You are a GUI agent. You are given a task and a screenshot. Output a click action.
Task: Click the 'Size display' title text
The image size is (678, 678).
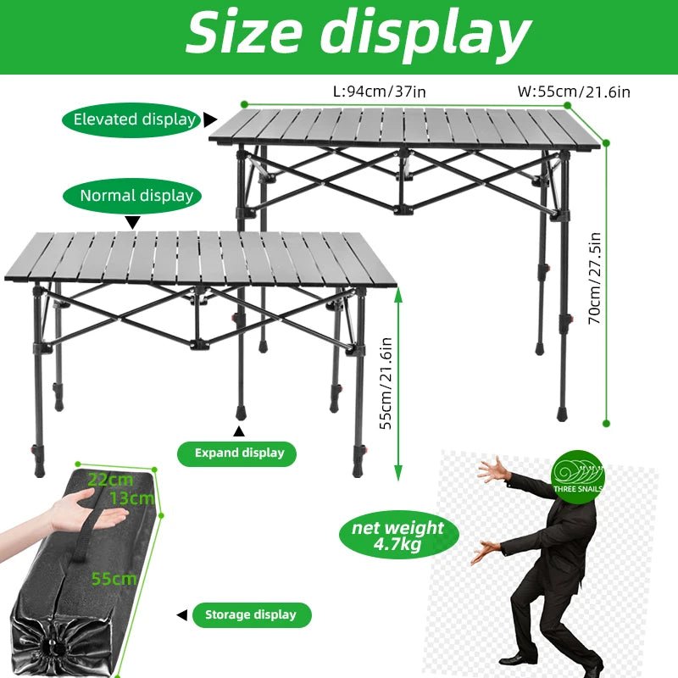coord(358,34)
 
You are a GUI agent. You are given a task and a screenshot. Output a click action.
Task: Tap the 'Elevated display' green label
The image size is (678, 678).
coord(131,119)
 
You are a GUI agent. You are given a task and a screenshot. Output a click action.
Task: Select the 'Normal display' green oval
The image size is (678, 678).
coord(132,196)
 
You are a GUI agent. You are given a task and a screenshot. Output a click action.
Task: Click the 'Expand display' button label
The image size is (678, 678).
coord(237,453)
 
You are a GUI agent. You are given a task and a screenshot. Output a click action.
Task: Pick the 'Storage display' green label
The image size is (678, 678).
coord(252,615)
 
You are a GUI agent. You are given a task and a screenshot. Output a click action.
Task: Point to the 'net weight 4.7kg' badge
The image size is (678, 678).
coord(398,535)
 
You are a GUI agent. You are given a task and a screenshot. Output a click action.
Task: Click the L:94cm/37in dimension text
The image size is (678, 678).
coord(379,92)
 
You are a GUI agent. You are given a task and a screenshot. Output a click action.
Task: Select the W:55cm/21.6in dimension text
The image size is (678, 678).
coord(574,92)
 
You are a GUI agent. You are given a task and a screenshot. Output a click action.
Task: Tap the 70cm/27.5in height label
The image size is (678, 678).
coord(596,279)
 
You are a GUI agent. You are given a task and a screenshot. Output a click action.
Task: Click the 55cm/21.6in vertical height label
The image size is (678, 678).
coord(386,383)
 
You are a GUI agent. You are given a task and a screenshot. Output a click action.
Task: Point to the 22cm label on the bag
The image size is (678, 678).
coord(111,480)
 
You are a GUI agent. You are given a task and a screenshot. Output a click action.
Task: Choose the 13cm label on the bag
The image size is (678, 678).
coord(132,498)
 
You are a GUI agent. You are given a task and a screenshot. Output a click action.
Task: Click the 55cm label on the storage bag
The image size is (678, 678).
coord(114,579)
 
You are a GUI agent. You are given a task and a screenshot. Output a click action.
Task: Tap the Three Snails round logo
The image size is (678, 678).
coord(578,477)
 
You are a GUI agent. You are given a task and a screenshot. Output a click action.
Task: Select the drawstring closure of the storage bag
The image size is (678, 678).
coord(54,647)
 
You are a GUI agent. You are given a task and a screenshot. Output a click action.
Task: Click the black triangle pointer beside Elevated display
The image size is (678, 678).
coord(209,119)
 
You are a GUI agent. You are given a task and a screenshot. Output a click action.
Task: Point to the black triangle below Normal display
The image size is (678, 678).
coord(133,222)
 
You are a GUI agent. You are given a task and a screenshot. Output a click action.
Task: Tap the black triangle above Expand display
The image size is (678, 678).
coord(239,431)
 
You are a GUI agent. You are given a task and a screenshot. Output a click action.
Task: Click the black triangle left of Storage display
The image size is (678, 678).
coord(182,615)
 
